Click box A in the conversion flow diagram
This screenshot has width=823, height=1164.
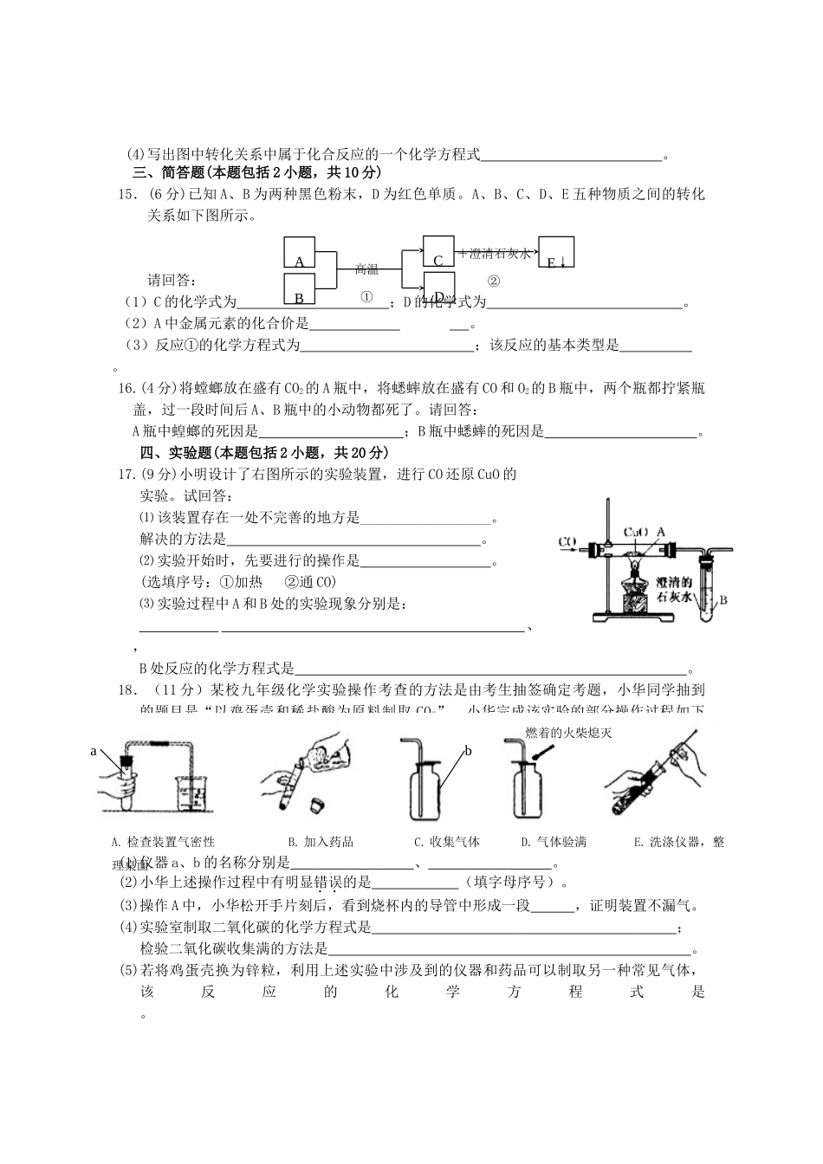(x=300, y=253)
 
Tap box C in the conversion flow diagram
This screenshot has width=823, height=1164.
(x=438, y=251)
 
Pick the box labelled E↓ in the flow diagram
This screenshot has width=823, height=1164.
(x=555, y=252)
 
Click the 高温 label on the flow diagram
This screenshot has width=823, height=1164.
(x=366, y=269)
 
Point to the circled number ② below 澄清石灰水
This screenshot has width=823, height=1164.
(x=494, y=281)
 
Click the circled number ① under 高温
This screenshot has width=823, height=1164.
(x=366, y=297)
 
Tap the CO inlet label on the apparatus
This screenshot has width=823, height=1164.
(x=567, y=543)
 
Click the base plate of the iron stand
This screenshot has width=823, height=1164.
(x=633, y=618)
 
